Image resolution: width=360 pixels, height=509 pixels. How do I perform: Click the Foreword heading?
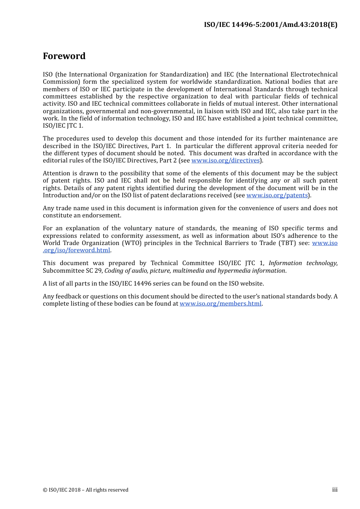pyautogui.click(x=64, y=56)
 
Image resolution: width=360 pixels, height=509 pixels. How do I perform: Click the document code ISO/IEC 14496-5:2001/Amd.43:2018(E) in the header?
pyautogui.click(x=270, y=25)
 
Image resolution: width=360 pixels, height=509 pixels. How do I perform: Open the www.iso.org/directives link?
pyautogui.click(x=225, y=161)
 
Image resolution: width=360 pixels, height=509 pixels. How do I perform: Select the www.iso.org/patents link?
pyautogui.click(x=277, y=195)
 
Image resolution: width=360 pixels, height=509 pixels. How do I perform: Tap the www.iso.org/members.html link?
pyautogui.click(x=221, y=304)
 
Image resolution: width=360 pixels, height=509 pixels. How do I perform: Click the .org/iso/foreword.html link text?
pyautogui.click(x=77, y=250)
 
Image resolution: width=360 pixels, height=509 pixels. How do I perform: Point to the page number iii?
pyautogui.click(x=335, y=490)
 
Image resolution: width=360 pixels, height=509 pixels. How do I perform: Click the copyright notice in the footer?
pyautogui.click(x=86, y=490)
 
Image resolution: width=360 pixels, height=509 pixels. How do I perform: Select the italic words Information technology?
pyautogui.click(x=303, y=263)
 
